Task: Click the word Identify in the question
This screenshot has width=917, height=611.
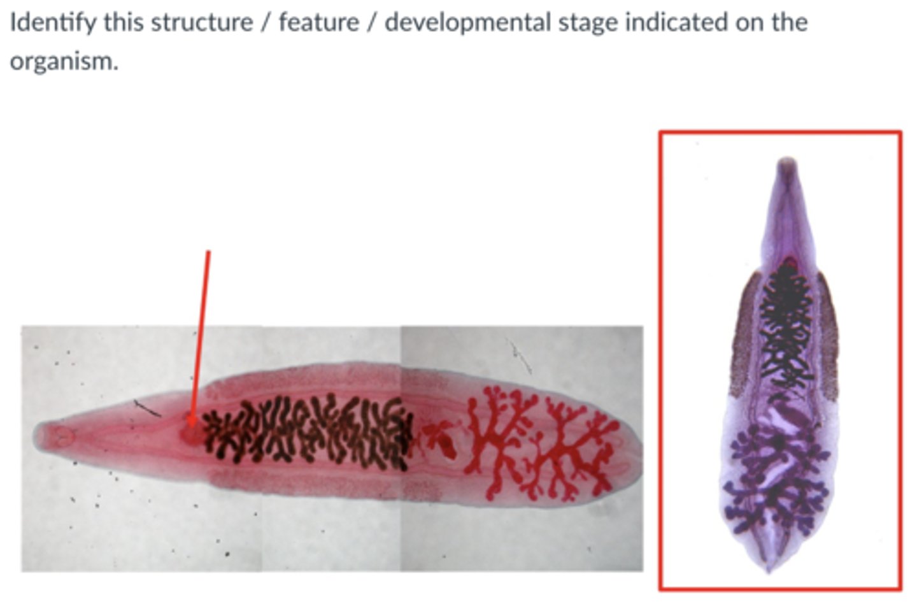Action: click(x=53, y=23)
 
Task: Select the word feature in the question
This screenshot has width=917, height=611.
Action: click(x=318, y=23)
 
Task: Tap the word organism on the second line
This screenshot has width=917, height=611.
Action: click(x=64, y=62)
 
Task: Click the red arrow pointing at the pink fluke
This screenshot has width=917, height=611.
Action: click(x=201, y=331)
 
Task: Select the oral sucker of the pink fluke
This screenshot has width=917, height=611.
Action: click(x=62, y=436)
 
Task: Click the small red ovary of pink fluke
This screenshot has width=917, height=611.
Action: click(x=439, y=440)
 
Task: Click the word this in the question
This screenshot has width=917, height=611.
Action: click(x=125, y=23)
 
